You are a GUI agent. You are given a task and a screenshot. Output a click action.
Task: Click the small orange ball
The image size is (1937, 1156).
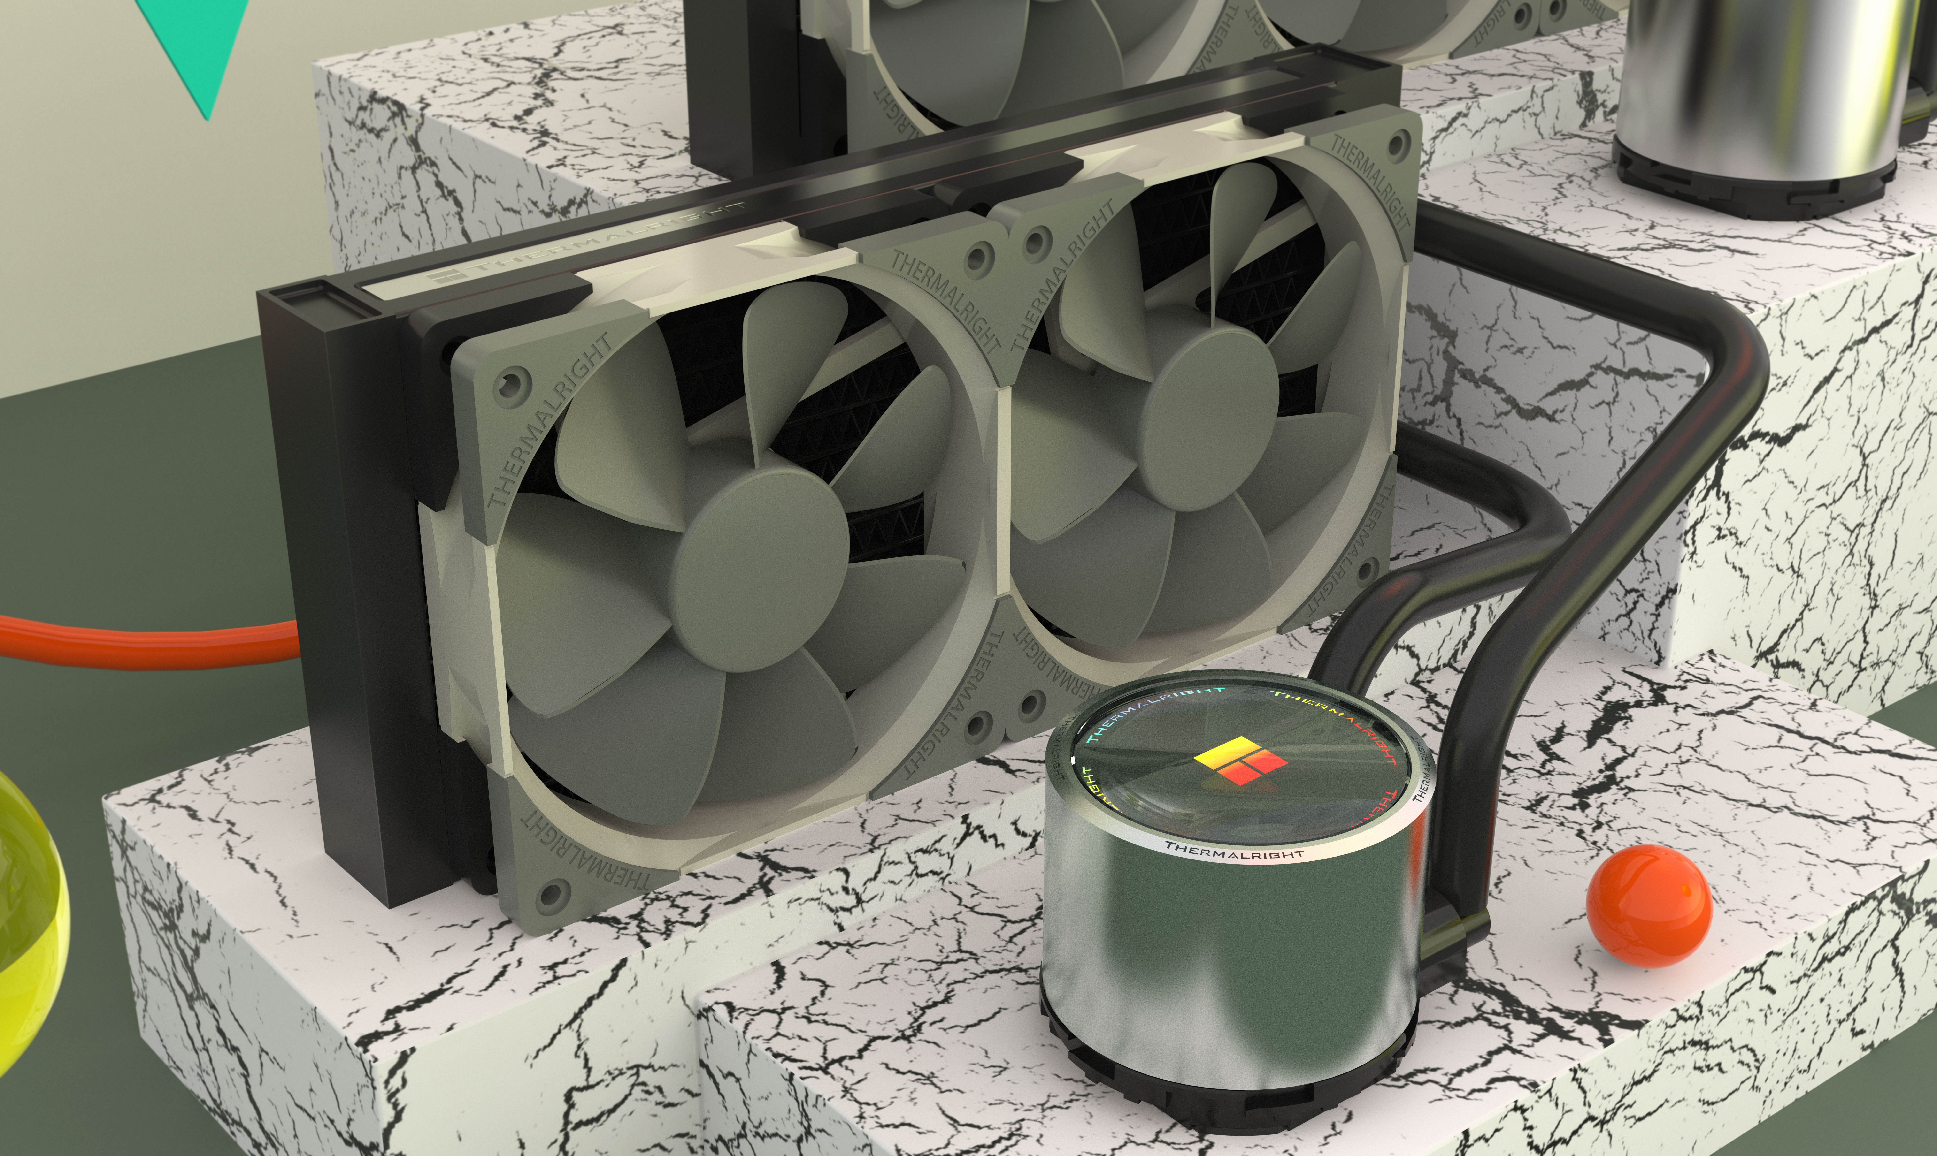coord(1648,906)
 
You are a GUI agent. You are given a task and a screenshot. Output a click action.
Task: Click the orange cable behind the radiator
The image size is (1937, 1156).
coord(148,643)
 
